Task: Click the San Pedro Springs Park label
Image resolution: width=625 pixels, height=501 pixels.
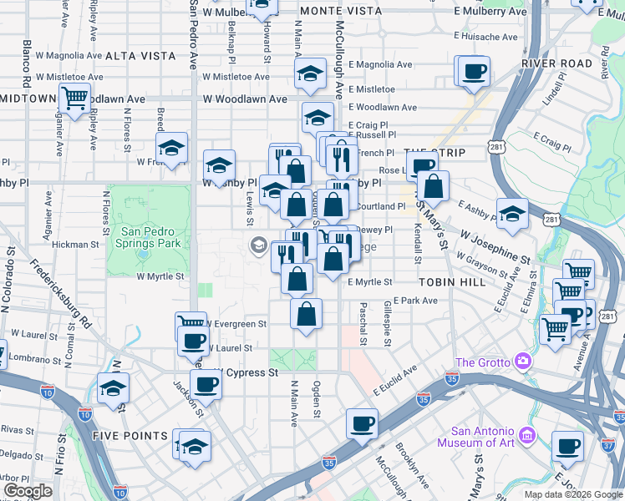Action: (x=150, y=237)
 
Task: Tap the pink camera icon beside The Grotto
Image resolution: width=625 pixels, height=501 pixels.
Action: (x=523, y=362)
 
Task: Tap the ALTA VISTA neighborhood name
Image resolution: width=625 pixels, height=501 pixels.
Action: (x=140, y=56)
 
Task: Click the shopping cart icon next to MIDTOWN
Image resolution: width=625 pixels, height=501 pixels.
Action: (x=74, y=98)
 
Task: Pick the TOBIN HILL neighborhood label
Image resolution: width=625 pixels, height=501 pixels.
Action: (x=453, y=282)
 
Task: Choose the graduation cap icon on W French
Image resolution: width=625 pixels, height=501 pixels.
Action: (x=172, y=149)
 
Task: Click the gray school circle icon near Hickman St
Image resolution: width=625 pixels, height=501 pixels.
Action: (x=258, y=245)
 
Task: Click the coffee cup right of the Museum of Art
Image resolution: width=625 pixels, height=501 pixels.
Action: (x=569, y=446)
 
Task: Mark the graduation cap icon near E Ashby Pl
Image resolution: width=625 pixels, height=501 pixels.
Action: (x=512, y=211)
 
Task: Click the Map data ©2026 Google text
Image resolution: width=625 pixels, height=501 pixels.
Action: (x=572, y=494)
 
